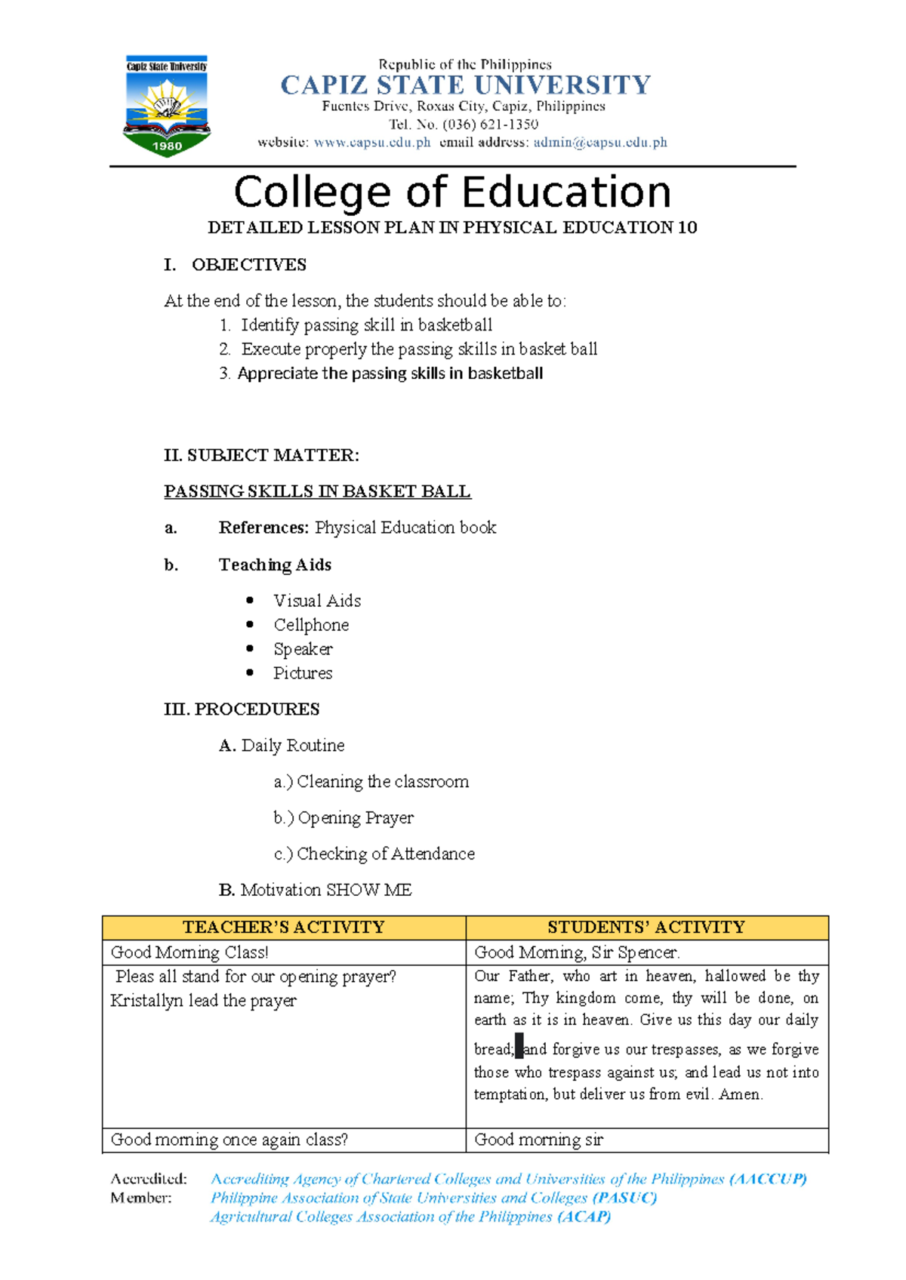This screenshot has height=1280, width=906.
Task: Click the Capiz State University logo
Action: pyautogui.click(x=166, y=106)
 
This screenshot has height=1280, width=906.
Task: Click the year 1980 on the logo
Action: pyautogui.click(x=167, y=146)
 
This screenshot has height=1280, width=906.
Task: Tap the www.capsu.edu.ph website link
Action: pyautogui.click(x=371, y=142)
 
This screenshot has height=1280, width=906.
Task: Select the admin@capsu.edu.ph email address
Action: pyautogui.click(x=600, y=142)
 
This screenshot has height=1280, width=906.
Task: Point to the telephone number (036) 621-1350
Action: pyautogui.click(x=490, y=124)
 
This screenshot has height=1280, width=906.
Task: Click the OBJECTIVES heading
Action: pyautogui.click(x=248, y=265)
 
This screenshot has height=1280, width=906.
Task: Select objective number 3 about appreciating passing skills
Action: pyautogui.click(x=390, y=374)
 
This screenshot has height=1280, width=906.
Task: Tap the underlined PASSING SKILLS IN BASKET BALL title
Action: pyautogui.click(x=317, y=491)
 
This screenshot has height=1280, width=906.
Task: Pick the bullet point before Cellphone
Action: pyautogui.click(x=250, y=624)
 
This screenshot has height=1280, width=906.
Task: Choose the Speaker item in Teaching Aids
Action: pyautogui.click(x=303, y=649)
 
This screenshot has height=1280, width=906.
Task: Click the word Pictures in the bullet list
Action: pyautogui.click(x=303, y=673)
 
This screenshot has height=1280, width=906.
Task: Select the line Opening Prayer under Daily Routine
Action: pyautogui.click(x=355, y=818)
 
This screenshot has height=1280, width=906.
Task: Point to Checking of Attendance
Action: pyautogui.click(x=385, y=854)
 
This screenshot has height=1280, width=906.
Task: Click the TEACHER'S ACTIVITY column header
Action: pyautogui.click(x=284, y=928)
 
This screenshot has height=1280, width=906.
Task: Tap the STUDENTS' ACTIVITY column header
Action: pyautogui.click(x=646, y=928)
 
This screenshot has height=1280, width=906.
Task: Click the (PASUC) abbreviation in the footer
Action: pyautogui.click(x=624, y=1198)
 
